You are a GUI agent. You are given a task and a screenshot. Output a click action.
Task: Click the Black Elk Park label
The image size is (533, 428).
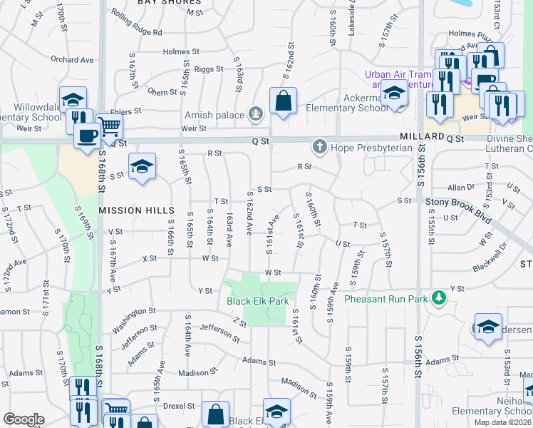pyautogui.click(x=257, y=301)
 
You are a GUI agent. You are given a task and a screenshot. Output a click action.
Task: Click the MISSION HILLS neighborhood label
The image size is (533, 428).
pyautogui.click(x=136, y=210)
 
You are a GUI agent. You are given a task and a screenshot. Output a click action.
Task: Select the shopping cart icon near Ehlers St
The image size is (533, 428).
pyautogui.click(x=109, y=126)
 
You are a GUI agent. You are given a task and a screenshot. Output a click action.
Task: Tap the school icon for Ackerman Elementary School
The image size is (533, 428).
pyautogui.click(x=394, y=93)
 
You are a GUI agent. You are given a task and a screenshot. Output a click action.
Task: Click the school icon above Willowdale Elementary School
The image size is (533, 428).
pyautogui.click(x=73, y=99)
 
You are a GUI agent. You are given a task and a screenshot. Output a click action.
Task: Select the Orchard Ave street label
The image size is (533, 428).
pyautogui.click(x=73, y=60)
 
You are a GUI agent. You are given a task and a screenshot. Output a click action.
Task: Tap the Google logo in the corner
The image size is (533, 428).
pyautogui.click(x=24, y=419)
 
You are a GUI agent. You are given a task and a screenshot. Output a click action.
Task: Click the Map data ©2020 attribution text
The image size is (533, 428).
pyautogui.click(x=502, y=422)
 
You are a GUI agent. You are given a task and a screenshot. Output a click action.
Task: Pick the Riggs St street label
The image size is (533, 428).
pyautogui.click(x=209, y=69)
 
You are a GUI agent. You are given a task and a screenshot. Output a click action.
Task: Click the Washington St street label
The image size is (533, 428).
pyautogui.click(x=133, y=312)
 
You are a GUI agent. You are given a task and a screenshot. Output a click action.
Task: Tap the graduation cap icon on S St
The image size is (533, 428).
pyautogui.click(x=143, y=167)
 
